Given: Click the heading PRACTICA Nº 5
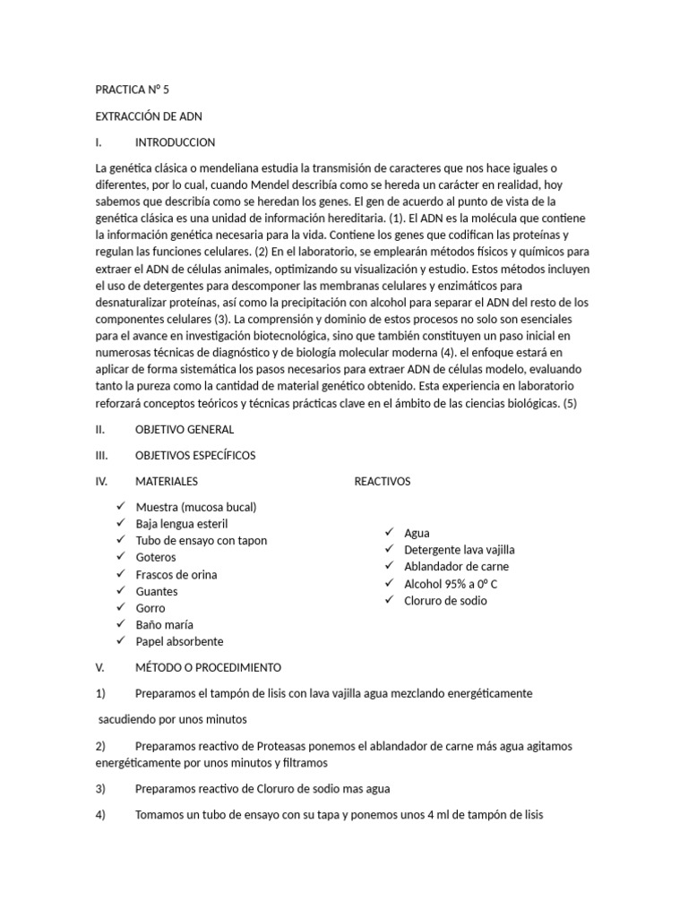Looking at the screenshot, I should (x=131, y=90).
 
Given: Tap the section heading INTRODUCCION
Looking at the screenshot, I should (x=175, y=142).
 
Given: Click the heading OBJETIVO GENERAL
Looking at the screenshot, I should (x=185, y=429).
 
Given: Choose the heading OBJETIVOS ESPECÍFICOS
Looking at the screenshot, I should (x=195, y=455).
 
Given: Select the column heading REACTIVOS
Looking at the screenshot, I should (x=383, y=481).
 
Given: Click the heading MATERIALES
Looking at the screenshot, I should (x=167, y=481).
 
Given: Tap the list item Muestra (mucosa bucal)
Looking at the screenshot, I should (x=196, y=507).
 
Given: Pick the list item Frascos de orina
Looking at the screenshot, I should (x=176, y=574).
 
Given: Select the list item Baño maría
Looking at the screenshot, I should (x=164, y=625).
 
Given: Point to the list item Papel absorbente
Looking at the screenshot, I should (x=179, y=641).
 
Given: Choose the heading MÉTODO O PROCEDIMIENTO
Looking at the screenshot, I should (x=208, y=667).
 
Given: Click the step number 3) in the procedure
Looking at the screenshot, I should (x=100, y=789).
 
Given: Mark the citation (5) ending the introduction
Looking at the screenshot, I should (x=571, y=403).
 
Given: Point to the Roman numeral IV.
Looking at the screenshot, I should (x=101, y=481).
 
